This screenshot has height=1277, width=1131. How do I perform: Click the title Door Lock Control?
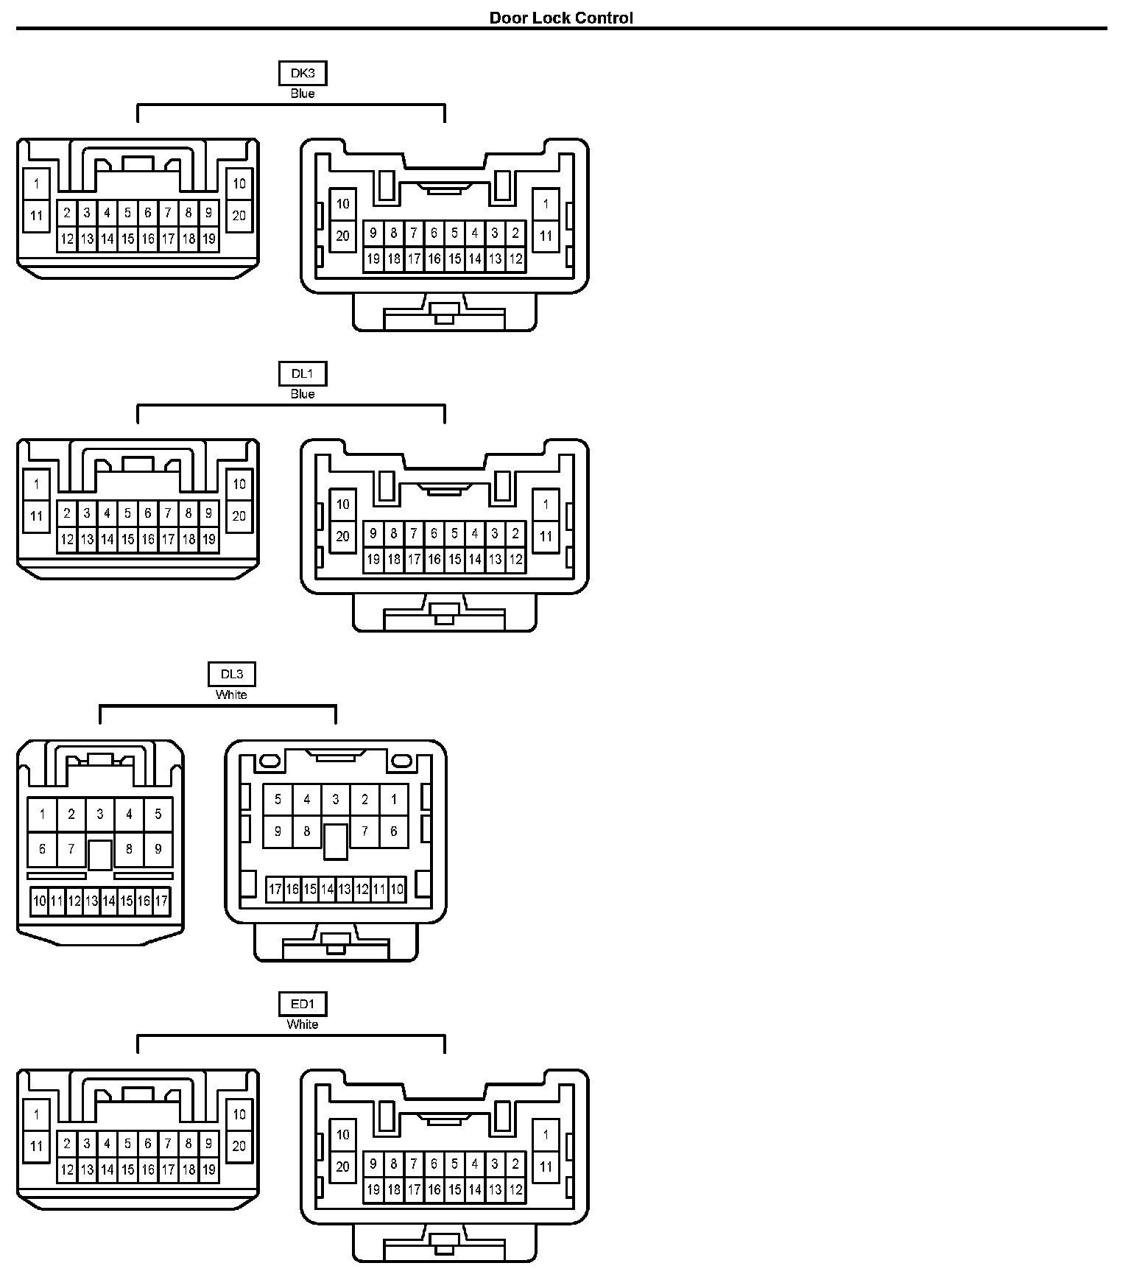pyautogui.click(x=561, y=18)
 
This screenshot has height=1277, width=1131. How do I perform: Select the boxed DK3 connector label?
pyautogui.click(x=303, y=73)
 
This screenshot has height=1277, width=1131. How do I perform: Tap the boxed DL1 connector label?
pyautogui.click(x=303, y=373)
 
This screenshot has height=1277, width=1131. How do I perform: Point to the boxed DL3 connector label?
pyautogui.click(x=231, y=674)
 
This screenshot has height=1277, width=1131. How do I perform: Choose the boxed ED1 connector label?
pyautogui.click(x=303, y=1004)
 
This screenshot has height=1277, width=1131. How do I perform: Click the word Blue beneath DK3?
pyautogui.click(x=303, y=94)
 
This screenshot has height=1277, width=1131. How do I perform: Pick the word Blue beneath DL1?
pyautogui.click(x=303, y=394)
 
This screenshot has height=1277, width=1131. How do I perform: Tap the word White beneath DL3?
pyautogui.click(x=231, y=694)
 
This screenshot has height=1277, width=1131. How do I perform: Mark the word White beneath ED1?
pyautogui.click(x=303, y=1024)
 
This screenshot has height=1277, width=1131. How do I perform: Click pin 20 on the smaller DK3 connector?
pyautogui.click(x=239, y=216)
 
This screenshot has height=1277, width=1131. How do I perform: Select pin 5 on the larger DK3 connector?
pyautogui.click(x=454, y=233)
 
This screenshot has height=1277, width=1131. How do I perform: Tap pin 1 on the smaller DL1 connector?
pyautogui.click(x=37, y=485)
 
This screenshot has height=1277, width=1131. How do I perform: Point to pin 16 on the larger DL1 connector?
pyautogui.click(x=434, y=560)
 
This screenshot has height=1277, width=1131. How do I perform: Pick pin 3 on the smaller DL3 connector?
pyautogui.click(x=100, y=815)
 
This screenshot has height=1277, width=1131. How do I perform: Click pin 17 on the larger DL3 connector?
pyautogui.click(x=275, y=890)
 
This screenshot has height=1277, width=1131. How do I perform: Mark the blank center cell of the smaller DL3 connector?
pyautogui.click(x=100, y=854)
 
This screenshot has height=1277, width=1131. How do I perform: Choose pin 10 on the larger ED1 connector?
pyautogui.click(x=342, y=1135)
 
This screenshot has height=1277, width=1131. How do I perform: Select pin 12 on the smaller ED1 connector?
pyautogui.click(x=67, y=1169)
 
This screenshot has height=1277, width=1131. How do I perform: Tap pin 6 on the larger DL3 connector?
pyautogui.click(x=394, y=831)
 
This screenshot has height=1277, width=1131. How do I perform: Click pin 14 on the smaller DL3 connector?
pyautogui.click(x=109, y=901)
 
